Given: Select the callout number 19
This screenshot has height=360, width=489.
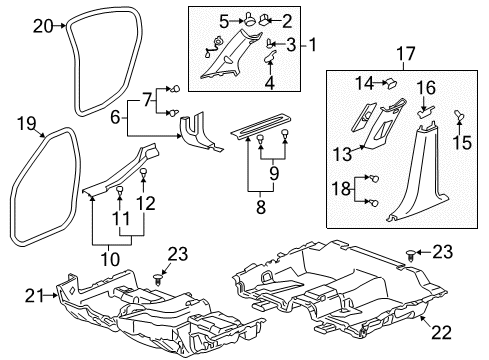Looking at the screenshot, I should point(26,124).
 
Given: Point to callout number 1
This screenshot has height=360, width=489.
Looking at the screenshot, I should point(312,44).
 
